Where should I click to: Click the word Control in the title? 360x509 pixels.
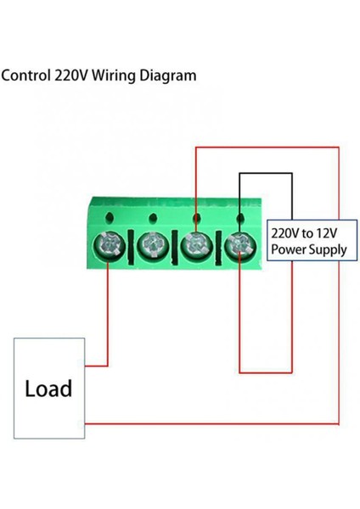pos(26,76)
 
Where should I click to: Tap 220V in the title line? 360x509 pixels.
pos(72,76)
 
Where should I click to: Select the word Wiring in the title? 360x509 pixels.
pos(116,76)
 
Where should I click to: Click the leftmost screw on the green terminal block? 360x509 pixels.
pos(108,247)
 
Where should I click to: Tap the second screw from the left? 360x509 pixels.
pos(152,247)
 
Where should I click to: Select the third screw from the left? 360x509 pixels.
pos(196,247)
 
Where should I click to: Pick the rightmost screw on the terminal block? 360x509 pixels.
pos(240,247)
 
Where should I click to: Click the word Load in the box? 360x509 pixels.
pos(49,389)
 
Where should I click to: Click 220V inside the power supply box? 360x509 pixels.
pos(286,232)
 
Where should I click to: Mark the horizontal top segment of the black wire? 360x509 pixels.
pos(266,173)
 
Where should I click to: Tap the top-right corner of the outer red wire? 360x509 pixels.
pos(339,148)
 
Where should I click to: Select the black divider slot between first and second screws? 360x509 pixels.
pos(130,248)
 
